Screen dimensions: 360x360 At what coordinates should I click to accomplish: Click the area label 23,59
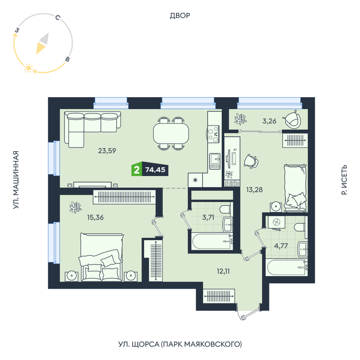click(107, 151)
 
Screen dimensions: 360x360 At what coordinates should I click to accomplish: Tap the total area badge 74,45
click(155, 169)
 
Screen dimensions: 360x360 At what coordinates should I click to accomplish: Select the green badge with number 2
click(137, 170)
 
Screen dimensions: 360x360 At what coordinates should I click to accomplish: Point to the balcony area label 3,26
click(269, 121)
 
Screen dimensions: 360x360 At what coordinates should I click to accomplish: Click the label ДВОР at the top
click(180, 15)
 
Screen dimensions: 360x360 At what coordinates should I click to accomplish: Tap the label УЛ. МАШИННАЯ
click(16, 180)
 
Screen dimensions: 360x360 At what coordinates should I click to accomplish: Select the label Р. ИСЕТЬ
click(344, 180)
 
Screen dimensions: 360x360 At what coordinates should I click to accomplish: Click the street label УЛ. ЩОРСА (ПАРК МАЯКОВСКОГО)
click(180, 344)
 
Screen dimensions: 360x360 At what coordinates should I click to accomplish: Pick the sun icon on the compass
click(28, 68)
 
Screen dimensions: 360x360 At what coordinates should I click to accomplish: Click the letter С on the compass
click(58, 17)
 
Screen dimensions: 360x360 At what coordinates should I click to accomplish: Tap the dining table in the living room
click(171, 134)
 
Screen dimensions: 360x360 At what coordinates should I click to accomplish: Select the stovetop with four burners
click(213, 134)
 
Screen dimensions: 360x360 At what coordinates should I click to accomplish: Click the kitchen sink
click(214, 161)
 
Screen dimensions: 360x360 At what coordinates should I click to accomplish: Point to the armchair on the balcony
click(292, 119)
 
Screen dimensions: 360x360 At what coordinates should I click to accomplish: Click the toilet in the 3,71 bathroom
click(225, 210)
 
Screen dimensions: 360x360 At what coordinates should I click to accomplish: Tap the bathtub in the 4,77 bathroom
click(286, 267)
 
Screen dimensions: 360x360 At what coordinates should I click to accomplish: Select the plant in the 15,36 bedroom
click(76, 207)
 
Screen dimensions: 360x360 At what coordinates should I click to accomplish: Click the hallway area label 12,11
click(223, 271)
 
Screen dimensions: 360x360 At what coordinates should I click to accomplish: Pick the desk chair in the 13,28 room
click(251, 161)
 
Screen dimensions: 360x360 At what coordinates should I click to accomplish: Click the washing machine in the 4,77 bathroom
click(276, 222)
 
